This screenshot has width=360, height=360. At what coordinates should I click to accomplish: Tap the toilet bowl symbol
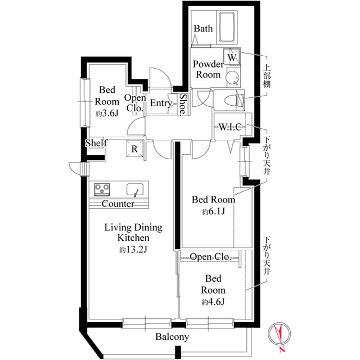click(x=234, y=101)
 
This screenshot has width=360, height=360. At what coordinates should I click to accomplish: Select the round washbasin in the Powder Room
click(x=232, y=77)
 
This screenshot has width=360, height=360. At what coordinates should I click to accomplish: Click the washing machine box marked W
click(x=232, y=57)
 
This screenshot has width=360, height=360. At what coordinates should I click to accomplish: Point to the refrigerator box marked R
click(x=135, y=148)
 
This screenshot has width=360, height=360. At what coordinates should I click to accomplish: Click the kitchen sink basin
click(x=135, y=190)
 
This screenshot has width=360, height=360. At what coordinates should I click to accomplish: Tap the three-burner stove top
click(x=102, y=190)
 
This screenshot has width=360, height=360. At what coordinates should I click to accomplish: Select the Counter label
click(x=118, y=204)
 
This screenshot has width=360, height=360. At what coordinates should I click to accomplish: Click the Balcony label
click(x=172, y=337)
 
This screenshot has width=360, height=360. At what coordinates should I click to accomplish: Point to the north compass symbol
click(x=280, y=334)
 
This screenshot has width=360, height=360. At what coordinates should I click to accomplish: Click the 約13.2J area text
click(x=133, y=250)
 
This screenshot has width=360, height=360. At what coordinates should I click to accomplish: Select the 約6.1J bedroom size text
click(x=213, y=211)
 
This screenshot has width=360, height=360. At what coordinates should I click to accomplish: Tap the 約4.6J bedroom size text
click(x=213, y=302)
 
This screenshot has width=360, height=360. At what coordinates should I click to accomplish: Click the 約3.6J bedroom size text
click(x=107, y=113)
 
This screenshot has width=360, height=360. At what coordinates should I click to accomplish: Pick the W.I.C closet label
click(x=230, y=127)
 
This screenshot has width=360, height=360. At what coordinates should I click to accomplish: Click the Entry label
click(x=161, y=103)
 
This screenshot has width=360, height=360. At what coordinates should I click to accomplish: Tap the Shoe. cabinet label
click(x=183, y=104)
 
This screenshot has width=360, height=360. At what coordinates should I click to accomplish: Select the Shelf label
click(x=96, y=143)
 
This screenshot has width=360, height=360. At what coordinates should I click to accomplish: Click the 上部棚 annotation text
click(x=267, y=76)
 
